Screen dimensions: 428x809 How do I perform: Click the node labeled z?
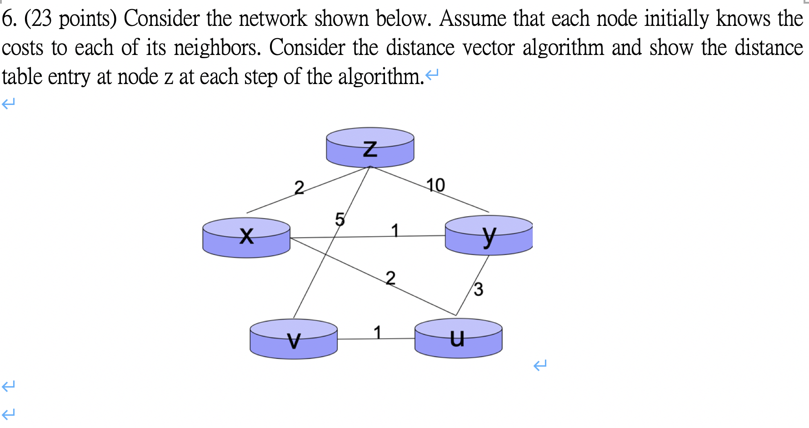pos(370,148)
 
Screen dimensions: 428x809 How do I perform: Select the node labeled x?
pos(246,237)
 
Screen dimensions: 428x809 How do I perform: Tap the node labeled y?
pos(489,235)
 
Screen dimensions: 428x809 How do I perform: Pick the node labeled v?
pos(294,339)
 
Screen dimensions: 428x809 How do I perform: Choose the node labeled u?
pos(458,338)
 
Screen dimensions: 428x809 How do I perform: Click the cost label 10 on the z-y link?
pos(435,185)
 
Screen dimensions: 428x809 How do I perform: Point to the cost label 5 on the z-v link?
pos(340,220)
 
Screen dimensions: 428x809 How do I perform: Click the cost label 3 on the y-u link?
pos(478,289)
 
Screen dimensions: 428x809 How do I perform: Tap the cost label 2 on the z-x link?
pos(299,187)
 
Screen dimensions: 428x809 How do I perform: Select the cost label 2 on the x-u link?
pos(390,278)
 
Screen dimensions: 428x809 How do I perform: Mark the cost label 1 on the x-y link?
pos(395,230)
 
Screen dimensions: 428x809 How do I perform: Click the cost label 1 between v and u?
pos(377,332)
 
